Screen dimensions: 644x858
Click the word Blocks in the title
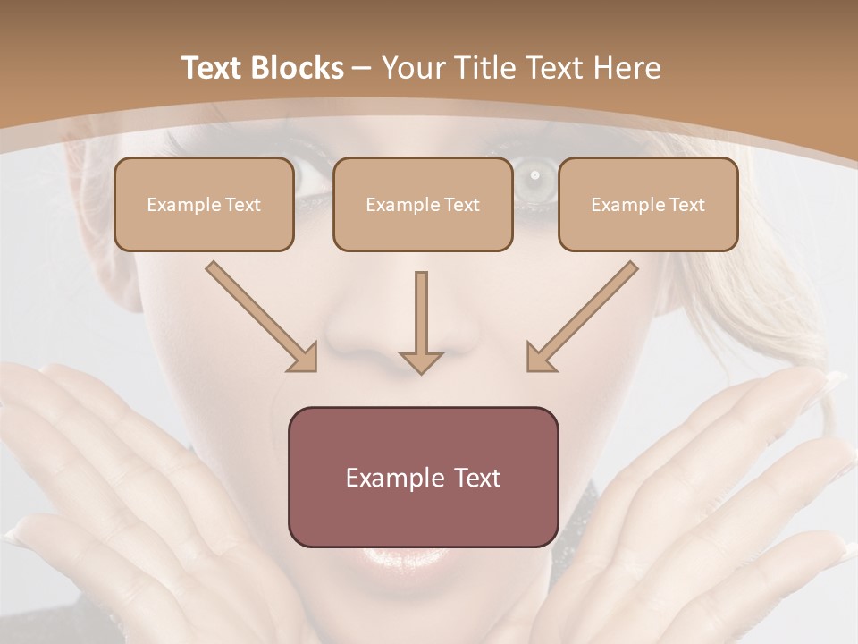point(299,68)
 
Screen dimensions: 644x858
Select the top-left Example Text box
point(204,205)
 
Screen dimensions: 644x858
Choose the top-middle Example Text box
point(423,205)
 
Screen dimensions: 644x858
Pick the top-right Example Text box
point(648,205)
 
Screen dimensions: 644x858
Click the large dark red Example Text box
point(424,478)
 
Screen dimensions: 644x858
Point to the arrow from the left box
point(259,315)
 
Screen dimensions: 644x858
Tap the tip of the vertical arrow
point(421,370)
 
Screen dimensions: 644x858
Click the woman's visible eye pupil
point(535,175)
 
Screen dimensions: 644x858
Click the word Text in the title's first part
point(214,68)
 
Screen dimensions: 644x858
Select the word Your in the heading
point(413,68)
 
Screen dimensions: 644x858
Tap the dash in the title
point(362,68)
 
